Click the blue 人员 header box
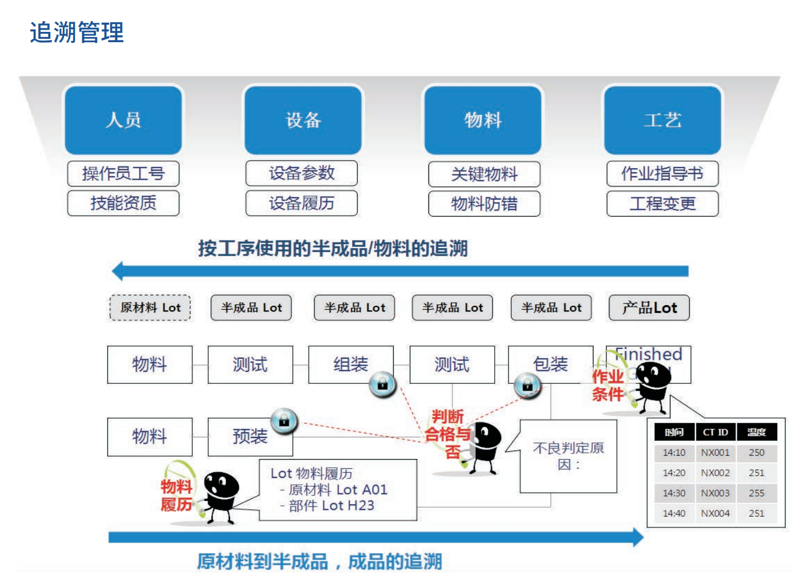pyautogui.click(x=123, y=120)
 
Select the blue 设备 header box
pyautogui.click(x=303, y=120)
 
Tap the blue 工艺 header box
pyautogui.click(x=662, y=120)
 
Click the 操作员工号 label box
pyautogui.click(x=123, y=173)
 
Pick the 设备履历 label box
pyautogui.click(x=301, y=203)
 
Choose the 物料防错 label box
pyautogui.click(x=484, y=204)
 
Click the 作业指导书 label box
pyautogui.click(x=662, y=173)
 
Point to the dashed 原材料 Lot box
pyautogui.click(x=150, y=308)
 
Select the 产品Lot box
pyautogui.click(x=649, y=308)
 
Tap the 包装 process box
pyautogui.click(x=550, y=364)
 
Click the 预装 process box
pyautogui.click(x=250, y=437)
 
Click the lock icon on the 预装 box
pyautogui.click(x=284, y=421)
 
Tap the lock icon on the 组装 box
pyautogui.click(x=382, y=384)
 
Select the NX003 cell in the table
pyautogui.click(x=715, y=493)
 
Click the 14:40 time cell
pyautogui.click(x=674, y=513)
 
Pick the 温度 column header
pyautogui.click(x=757, y=432)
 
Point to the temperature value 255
pyautogui.click(x=757, y=493)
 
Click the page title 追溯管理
pyautogui.click(x=76, y=33)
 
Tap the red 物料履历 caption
pyautogui.click(x=176, y=495)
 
